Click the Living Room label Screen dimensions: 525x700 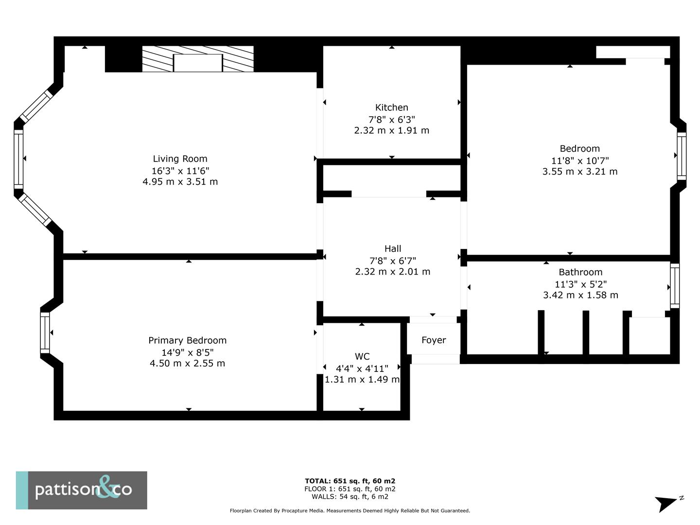[x=180, y=159]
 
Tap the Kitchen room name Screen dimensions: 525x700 [x=391, y=107]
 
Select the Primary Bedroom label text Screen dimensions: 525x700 [x=187, y=340]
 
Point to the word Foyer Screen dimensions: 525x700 [x=434, y=340]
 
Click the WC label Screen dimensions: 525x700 [x=362, y=356]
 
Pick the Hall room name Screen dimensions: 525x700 [x=392, y=248]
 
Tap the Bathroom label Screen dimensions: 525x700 [x=580, y=272]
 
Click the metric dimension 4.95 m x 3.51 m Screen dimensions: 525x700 [x=180, y=182]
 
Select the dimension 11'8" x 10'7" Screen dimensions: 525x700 [x=579, y=160]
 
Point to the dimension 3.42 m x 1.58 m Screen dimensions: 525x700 [x=580, y=295]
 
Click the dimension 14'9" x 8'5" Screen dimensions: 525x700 [x=187, y=352]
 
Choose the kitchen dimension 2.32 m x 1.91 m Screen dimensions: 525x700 [x=391, y=130]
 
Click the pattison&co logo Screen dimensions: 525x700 [x=82, y=490]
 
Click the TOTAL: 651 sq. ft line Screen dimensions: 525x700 [x=350, y=481]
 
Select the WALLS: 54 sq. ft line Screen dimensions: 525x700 [x=350, y=497]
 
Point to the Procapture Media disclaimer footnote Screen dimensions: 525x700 [x=350, y=511]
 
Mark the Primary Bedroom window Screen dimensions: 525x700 [x=45, y=332]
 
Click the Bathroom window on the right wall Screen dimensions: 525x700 [x=675, y=286]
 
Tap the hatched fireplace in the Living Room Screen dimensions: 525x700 [x=198, y=59]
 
